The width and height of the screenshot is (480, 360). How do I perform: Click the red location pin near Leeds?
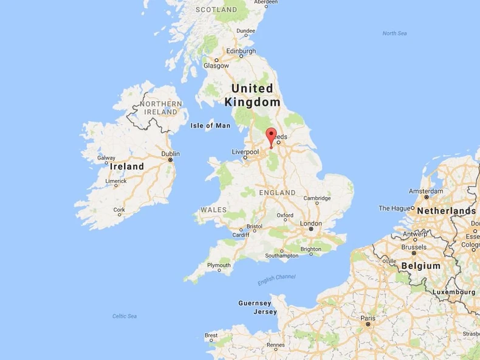[x=271, y=136]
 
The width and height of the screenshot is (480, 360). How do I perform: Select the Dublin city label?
[x=170, y=154]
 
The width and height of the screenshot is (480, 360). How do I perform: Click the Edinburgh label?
[x=227, y=50]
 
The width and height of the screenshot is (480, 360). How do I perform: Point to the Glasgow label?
[x=216, y=66]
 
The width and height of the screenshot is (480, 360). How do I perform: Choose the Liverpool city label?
[x=245, y=152]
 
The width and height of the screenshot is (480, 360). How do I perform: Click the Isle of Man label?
[x=210, y=126]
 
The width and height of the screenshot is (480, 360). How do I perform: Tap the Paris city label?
[x=368, y=318]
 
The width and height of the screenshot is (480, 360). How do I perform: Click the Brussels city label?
[x=414, y=247]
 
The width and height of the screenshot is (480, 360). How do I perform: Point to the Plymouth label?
[x=219, y=266]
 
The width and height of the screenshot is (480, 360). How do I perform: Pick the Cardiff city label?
[x=241, y=235]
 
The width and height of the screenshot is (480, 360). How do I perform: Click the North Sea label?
[x=394, y=33]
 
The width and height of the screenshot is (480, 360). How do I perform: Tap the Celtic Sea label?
[x=125, y=316]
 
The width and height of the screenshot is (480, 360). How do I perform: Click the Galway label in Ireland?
[x=106, y=157]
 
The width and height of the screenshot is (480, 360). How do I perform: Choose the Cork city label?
[x=119, y=210]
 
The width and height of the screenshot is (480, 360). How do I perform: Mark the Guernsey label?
[x=255, y=303]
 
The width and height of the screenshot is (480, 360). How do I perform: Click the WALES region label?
[x=213, y=210]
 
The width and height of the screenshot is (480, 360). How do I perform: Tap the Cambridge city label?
[x=317, y=198]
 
